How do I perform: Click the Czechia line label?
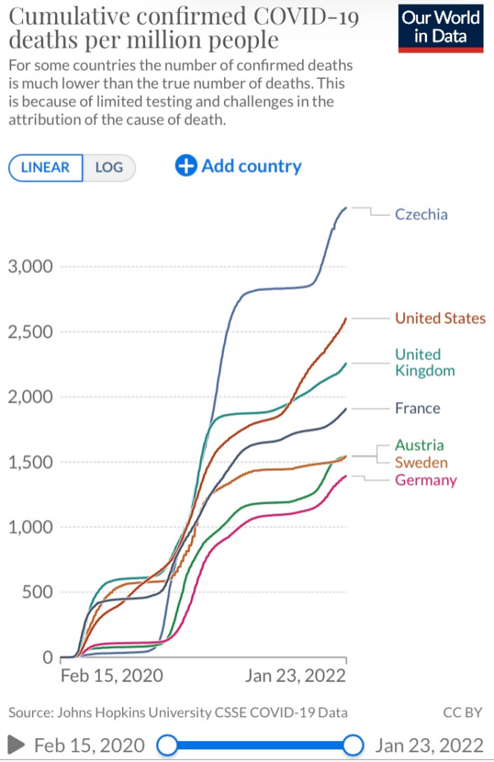pos(421,214)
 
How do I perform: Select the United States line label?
pos(440,318)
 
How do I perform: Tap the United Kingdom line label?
pos(425,362)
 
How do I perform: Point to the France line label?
pos(417,408)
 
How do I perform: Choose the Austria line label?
pos(420,445)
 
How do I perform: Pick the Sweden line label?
pos(421,462)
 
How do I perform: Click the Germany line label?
pos(426,479)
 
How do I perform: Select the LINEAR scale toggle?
pos(45,167)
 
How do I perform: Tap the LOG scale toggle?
pos(109,167)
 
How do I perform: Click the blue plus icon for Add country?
pos(185,166)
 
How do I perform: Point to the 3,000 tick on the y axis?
pos(31,266)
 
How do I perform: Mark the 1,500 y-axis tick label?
pos(31,462)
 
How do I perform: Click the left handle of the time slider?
pos(168,745)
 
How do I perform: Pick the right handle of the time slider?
pos(353,745)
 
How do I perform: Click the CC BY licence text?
pos(462,712)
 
